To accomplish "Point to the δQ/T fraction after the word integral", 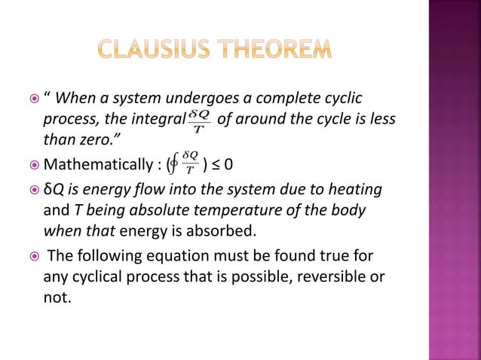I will click(198, 120).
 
